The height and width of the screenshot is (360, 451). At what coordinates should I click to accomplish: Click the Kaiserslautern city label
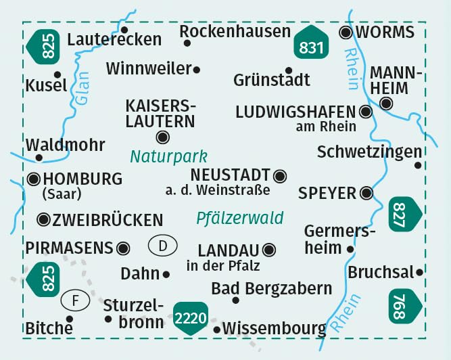tap(160, 113)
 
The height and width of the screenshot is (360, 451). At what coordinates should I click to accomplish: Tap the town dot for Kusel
tap(57, 75)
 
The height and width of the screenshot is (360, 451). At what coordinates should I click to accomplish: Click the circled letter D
tap(162, 245)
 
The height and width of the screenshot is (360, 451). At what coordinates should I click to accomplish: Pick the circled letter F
tap(75, 298)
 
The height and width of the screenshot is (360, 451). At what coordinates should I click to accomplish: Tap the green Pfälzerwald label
tap(240, 219)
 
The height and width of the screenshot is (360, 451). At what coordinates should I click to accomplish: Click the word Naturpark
tap(169, 156)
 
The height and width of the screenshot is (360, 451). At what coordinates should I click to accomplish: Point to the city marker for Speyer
tap(367, 193)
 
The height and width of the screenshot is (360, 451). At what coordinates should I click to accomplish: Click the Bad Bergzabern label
tap(272, 288)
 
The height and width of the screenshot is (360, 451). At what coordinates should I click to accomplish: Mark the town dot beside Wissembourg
tap(217, 330)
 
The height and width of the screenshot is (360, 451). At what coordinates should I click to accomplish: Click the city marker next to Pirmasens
tap(123, 248)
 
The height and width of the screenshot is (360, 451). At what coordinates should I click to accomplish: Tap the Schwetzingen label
tap(369, 152)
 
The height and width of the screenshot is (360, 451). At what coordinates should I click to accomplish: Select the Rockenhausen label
tap(235, 31)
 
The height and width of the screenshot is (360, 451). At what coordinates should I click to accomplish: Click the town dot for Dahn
tap(166, 274)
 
